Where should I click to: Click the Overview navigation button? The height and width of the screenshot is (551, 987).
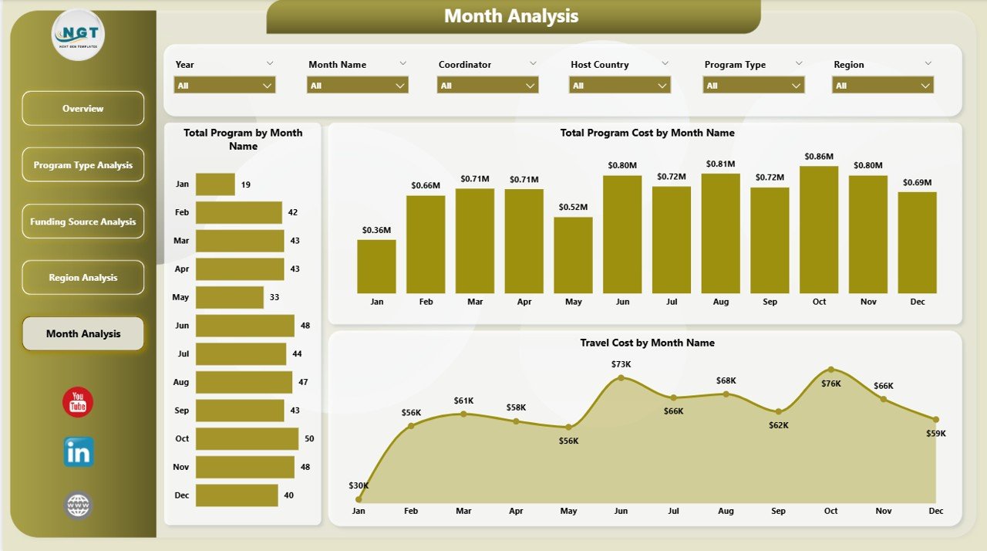(x=83, y=109)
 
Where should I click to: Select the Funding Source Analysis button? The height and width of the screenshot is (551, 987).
(x=83, y=221)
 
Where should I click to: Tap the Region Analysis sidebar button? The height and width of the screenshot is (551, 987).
(x=83, y=278)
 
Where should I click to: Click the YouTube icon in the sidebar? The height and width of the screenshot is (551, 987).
(x=78, y=402)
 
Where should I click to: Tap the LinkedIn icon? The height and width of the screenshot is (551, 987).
(x=79, y=452)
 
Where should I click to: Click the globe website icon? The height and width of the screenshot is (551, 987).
(x=79, y=506)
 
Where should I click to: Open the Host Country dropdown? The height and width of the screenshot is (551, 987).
(x=620, y=86)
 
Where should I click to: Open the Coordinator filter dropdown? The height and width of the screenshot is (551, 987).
(x=487, y=86)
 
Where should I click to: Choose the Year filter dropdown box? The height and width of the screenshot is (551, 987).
(x=224, y=86)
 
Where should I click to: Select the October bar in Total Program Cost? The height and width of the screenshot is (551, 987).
(x=819, y=229)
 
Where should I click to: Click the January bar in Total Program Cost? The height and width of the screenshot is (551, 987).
(x=376, y=266)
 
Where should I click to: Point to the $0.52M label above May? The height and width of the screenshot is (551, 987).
(x=573, y=207)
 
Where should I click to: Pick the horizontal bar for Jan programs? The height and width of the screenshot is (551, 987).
(x=215, y=184)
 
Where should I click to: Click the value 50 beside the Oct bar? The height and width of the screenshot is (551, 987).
(x=309, y=438)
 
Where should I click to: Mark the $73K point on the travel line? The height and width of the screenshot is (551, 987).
(x=621, y=377)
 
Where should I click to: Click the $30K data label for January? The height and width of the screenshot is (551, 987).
(x=359, y=485)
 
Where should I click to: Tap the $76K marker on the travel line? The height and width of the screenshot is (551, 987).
(x=830, y=370)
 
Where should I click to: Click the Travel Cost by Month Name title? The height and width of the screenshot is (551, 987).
(x=647, y=343)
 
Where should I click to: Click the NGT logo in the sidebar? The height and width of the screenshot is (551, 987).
(x=78, y=35)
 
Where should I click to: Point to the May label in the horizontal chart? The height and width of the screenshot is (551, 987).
(x=180, y=297)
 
